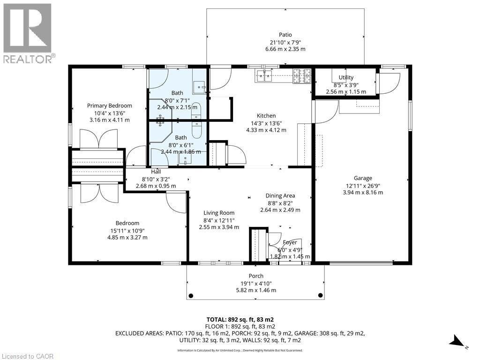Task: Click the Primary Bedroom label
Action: [x=110, y=105]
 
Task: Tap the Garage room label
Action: [x=363, y=178]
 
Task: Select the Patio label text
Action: [x=285, y=35]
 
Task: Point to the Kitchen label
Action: [x=266, y=116]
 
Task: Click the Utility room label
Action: [x=346, y=77]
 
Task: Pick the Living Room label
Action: [x=219, y=213]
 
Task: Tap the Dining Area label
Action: [x=280, y=195]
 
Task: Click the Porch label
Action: [x=256, y=276]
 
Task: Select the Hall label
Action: [x=156, y=172]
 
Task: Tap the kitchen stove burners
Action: [x=302, y=76]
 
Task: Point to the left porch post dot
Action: [x=191, y=296]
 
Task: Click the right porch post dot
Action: [x=321, y=295]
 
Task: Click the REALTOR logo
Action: [x=28, y=33]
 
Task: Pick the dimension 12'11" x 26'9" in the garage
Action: [x=363, y=186]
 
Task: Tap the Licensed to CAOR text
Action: [x=27, y=356]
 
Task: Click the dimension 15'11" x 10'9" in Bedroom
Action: [x=127, y=231]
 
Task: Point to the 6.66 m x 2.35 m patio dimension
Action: [x=285, y=49]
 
